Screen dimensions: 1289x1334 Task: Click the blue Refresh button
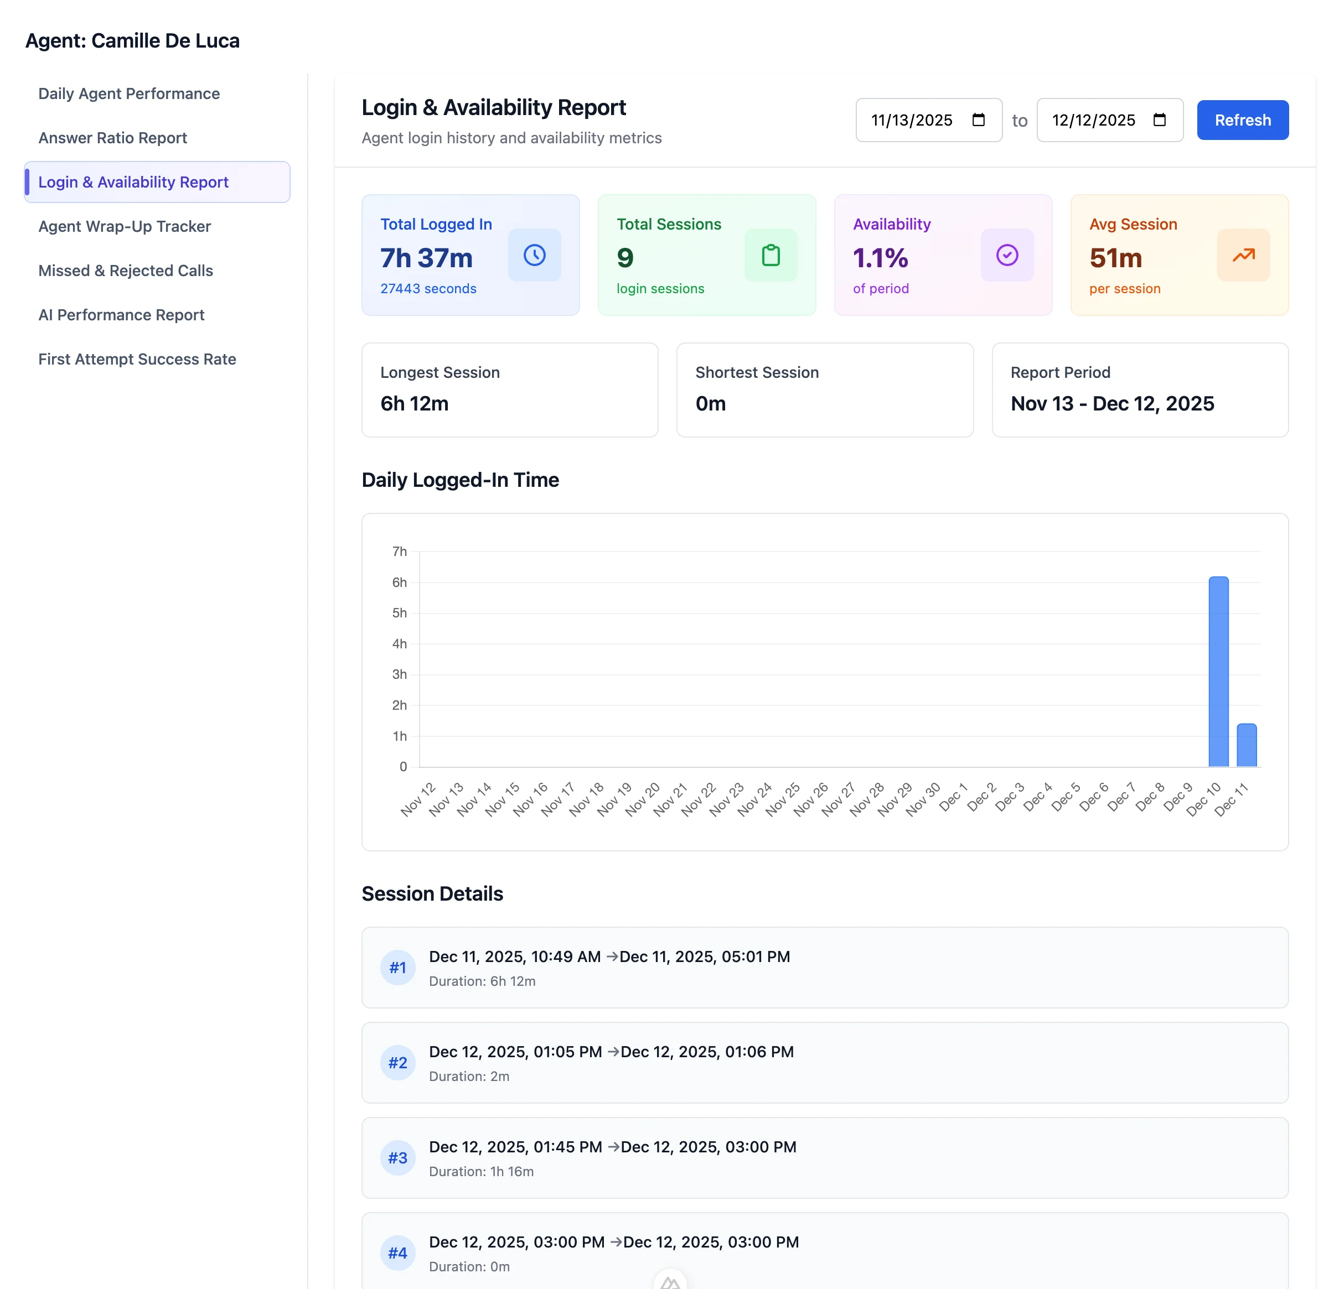pyautogui.click(x=1242, y=121)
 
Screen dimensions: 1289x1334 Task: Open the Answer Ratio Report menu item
pyautogui.click(x=112, y=138)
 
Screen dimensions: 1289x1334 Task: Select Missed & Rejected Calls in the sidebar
pyautogui.click(x=125, y=271)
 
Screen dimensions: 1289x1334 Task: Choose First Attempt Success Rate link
pyautogui.click(x=137, y=359)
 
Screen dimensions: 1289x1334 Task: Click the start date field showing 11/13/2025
pyautogui.click(x=912, y=121)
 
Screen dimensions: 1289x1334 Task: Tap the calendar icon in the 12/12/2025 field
pyautogui.click(x=1159, y=121)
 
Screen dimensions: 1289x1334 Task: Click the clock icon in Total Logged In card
pyautogui.click(x=534, y=255)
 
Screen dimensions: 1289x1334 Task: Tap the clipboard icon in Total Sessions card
pyautogui.click(x=771, y=255)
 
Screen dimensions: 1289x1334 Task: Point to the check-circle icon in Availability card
pyautogui.click(x=1007, y=255)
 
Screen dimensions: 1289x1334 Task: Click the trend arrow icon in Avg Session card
pyautogui.click(x=1243, y=255)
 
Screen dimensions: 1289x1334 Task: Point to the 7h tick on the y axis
pyautogui.click(x=400, y=552)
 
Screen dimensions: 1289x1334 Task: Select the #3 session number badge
pyautogui.click(x=397, y=1158)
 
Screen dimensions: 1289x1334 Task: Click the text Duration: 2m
pyautogui.click(x=469, y=1076)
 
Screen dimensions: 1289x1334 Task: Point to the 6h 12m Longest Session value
pyautogui.click(x=414, y=404)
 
